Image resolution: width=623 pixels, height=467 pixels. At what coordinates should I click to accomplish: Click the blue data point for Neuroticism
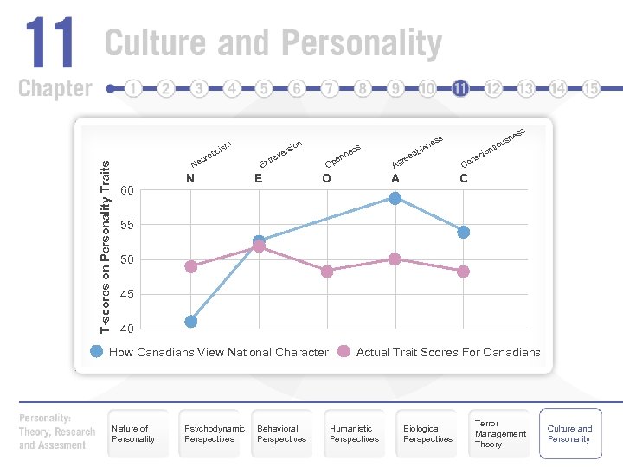tap(190, 322)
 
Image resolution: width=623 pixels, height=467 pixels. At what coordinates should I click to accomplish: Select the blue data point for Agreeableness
tap(395, 198)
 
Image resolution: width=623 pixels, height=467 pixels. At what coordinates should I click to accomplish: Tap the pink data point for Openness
tap(326, 272)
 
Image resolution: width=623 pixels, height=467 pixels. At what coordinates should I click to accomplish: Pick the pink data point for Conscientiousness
tap(463, 272)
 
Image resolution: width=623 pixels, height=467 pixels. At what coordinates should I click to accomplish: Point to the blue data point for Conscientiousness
tap(463, 232)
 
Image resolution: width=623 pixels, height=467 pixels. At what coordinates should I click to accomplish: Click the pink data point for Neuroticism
tap(190, 266)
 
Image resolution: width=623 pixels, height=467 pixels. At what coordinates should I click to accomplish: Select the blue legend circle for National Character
tap(97, 351)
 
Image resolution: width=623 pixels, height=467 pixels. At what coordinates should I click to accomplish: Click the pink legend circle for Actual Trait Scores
tap(344, 351)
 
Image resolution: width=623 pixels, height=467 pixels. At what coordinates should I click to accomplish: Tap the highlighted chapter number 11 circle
tap(460, 88)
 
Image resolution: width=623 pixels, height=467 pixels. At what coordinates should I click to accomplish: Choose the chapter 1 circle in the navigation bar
tap(133, 88)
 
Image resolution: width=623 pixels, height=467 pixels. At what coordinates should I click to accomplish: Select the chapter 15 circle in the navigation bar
tap(591, 88)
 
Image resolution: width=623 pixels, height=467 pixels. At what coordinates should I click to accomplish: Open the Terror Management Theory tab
tap(500, 434)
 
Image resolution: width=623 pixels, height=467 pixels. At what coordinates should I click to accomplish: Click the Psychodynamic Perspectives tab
tap(215, 434)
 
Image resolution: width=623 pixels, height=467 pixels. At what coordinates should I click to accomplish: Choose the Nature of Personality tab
tap(132, 434)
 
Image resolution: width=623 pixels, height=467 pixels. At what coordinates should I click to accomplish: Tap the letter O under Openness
tap(325, 179)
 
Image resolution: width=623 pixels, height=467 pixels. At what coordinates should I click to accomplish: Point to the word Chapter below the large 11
tap(55, 88)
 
